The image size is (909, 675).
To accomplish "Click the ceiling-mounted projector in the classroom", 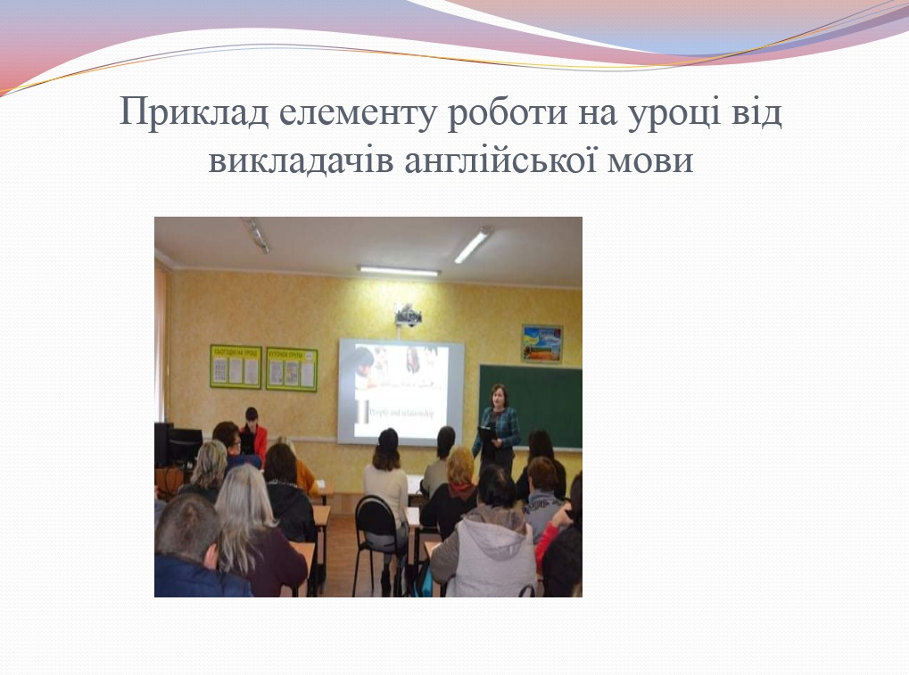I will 408,314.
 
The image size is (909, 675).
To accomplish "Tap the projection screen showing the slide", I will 401,391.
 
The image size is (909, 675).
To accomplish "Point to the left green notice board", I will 236,366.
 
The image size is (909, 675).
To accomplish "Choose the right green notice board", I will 292,369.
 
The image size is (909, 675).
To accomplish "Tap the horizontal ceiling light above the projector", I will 399,270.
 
